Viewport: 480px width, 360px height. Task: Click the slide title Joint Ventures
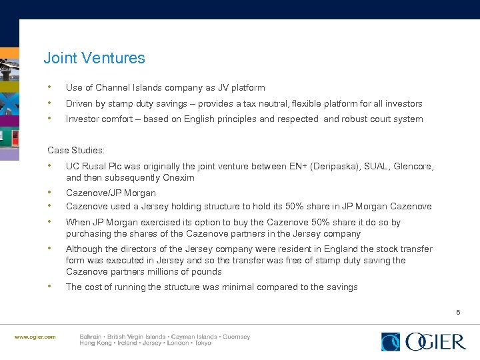pyautogui.click(x=94, y=59)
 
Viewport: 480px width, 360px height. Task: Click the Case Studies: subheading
pyautogui.click(x=76, y=151)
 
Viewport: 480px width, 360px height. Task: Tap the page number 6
pyautogui.click(x=458, y=312)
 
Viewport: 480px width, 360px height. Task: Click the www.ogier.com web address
pyautogui.click(x=35, y=337)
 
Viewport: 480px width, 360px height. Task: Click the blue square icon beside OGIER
pyautogui.click(x=391, y=342)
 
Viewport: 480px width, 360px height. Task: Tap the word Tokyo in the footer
pyautogui.click(x=201, y=343)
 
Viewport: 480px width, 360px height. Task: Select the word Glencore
pyautogui.click(x=414, y=166)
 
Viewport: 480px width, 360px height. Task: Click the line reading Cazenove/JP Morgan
pyautogui.click(x=111, y=193)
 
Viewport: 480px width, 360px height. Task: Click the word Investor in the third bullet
pyautogui.click(x=82, y=119)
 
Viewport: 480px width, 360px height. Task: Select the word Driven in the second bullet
pyautogui.click(x=79, y=103)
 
